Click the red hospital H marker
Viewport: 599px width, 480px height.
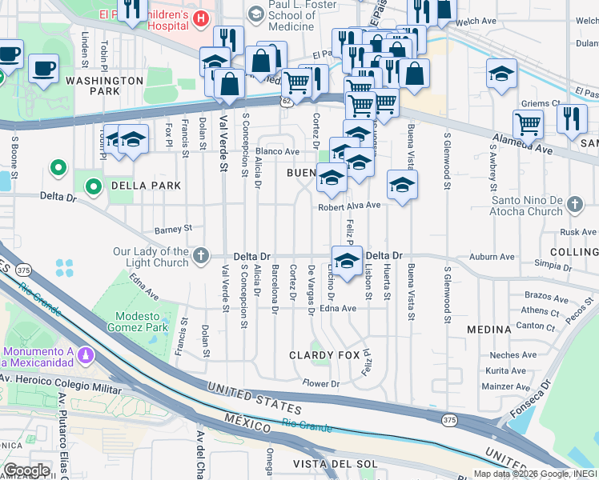tap(200, 18)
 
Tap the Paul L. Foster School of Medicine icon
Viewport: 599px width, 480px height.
tap(255, 14)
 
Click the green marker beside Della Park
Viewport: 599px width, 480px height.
tap(94, 187)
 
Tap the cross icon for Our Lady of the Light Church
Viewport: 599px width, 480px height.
tap(200, 257)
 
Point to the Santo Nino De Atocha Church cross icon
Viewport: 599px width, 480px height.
tap(574, 206)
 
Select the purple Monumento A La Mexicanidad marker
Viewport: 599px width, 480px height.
tap(85, 354)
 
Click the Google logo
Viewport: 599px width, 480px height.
tap(26, 470)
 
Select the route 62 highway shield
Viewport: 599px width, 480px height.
tap(287, 102)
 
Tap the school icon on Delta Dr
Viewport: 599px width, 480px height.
tap(347, 262)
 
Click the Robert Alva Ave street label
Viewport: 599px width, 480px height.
tap(349, 206)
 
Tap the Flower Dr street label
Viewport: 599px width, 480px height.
tap(321, 384)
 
